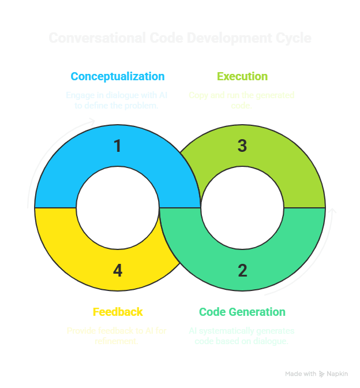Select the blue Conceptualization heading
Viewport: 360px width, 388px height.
pos(118,76)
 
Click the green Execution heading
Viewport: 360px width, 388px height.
pos(242,76)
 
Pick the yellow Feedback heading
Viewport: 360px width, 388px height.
pos(118,312)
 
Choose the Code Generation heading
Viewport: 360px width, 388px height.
pos(242,312)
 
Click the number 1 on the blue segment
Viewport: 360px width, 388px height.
pos(118,145)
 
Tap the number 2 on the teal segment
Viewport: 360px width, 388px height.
pos(242,270)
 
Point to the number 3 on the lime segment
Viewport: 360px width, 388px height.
pos(242,145)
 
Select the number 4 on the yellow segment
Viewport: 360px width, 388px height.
pos(118,270)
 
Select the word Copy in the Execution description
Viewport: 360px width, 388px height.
pos(198,95)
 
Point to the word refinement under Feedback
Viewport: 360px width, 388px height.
pos(118,341)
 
